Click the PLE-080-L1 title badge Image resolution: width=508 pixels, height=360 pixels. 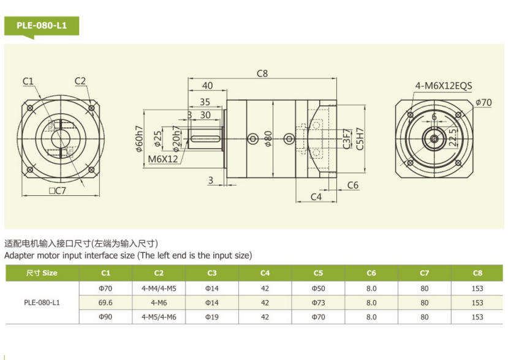[x=42, y=26]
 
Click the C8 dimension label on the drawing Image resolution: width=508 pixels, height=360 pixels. [x=262, y=74]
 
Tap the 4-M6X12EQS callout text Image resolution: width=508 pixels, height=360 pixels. [x=443, y=86]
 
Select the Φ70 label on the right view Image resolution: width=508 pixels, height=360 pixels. [x=483, y=102]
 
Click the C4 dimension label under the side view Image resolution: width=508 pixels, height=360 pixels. [x=316, y=197]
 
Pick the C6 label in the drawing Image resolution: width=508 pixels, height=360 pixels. [x=352, y=185]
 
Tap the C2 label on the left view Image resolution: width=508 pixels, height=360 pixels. [x=80, y=81]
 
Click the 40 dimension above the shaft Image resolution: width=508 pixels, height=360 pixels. [x=207, y=86]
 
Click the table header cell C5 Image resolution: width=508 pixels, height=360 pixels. [x=318, y=273]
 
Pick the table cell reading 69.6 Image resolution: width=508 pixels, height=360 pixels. [x=105, y=302]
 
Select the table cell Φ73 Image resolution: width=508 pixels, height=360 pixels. [x=318, y=302]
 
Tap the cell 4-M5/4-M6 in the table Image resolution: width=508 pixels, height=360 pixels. [x=159, y=317]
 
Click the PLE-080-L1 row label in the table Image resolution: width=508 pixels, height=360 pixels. [x=42, y=302]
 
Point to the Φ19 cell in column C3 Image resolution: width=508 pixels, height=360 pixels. [x=212, y=317]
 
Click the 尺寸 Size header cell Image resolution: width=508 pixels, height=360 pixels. [x=42, y=273]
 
